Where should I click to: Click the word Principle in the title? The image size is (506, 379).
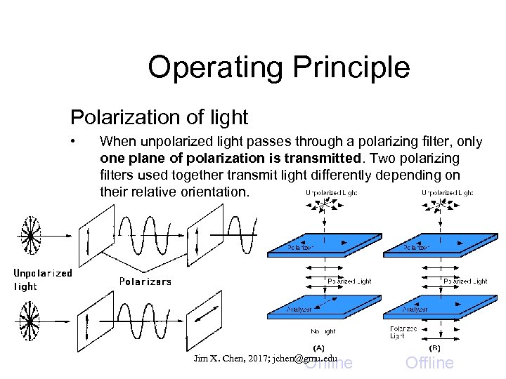[x=352, y=67]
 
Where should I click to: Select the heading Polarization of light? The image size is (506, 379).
[x=159, y=117]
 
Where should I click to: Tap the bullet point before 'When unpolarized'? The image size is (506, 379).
[x=74, y=142]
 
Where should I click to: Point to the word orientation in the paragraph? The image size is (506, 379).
[x=214, y=191]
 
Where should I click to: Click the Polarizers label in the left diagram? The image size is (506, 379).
[x=145, y=281]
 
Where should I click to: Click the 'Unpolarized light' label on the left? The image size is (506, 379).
[x=42, y=279]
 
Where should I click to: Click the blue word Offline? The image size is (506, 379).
[x=429, y=363]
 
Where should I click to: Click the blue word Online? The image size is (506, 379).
[x=330, y=363]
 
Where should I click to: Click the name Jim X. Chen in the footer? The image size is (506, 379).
[x=219, y=358]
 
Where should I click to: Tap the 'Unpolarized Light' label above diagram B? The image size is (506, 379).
[x=447, y=192]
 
